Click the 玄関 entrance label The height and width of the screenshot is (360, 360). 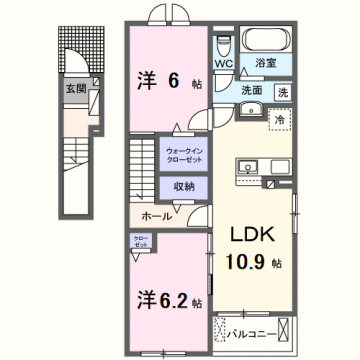[76, 88]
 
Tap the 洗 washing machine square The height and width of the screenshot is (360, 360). [282, 92]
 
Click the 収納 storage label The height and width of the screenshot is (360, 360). [183, 187]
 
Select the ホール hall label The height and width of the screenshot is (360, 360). [153, 216]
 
